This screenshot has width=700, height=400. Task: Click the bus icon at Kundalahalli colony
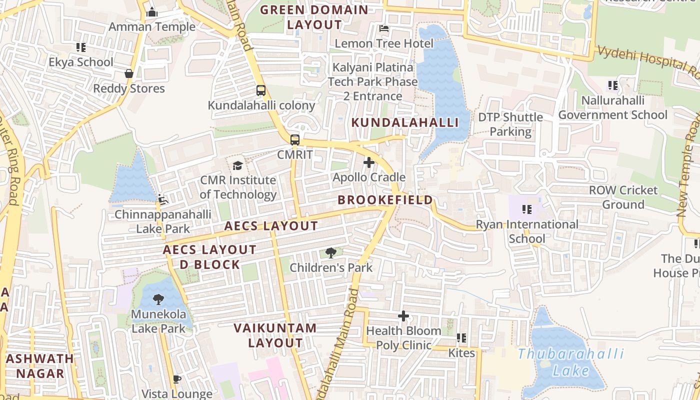pyautogui.click(x=261, y=90)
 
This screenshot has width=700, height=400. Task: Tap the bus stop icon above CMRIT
pyautogui.click(x=295, y=139)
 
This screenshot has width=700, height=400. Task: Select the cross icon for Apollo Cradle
pyautogui.click(x=369, y=162)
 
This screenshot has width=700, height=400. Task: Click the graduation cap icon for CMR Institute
pyautogui.click(x=237, y=165)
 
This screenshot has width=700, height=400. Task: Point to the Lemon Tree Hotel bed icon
pyautogui.click(x=384, y=28)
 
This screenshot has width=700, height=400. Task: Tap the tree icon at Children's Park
pyautogui.click(x=330, y=253)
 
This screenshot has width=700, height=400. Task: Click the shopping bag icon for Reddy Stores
pyautogui.click(x=129, y=73)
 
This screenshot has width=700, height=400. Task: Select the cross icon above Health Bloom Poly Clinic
pyautogui.click(x=403, y=316)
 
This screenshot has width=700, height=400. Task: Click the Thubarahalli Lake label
pyautogui.click(x=571, y=362)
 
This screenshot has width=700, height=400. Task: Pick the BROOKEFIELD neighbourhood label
pyautogui.click(x=385, y=200)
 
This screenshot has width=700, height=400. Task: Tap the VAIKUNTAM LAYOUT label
pyautogui.click(x=275, y=335)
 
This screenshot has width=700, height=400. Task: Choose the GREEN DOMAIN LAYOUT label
pyautogui.click(x=314, y=17)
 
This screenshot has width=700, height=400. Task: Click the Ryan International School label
pyautogui.click(x=527, y=231)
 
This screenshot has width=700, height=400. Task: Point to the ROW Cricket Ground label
pyautogui.click(x=623, y=197)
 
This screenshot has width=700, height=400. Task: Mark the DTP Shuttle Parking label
pyautogui.click(x=510, y=124)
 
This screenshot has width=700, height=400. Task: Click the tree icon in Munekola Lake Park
pyautogui.click(x=158, y=299)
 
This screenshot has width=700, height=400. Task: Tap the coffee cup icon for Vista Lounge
pyautogui.click(x=176, y=379)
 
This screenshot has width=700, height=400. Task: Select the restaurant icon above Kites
pyautogui.click(x=461, y=338)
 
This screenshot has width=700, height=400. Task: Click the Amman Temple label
pyautogui.click(x=152, y=27)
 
